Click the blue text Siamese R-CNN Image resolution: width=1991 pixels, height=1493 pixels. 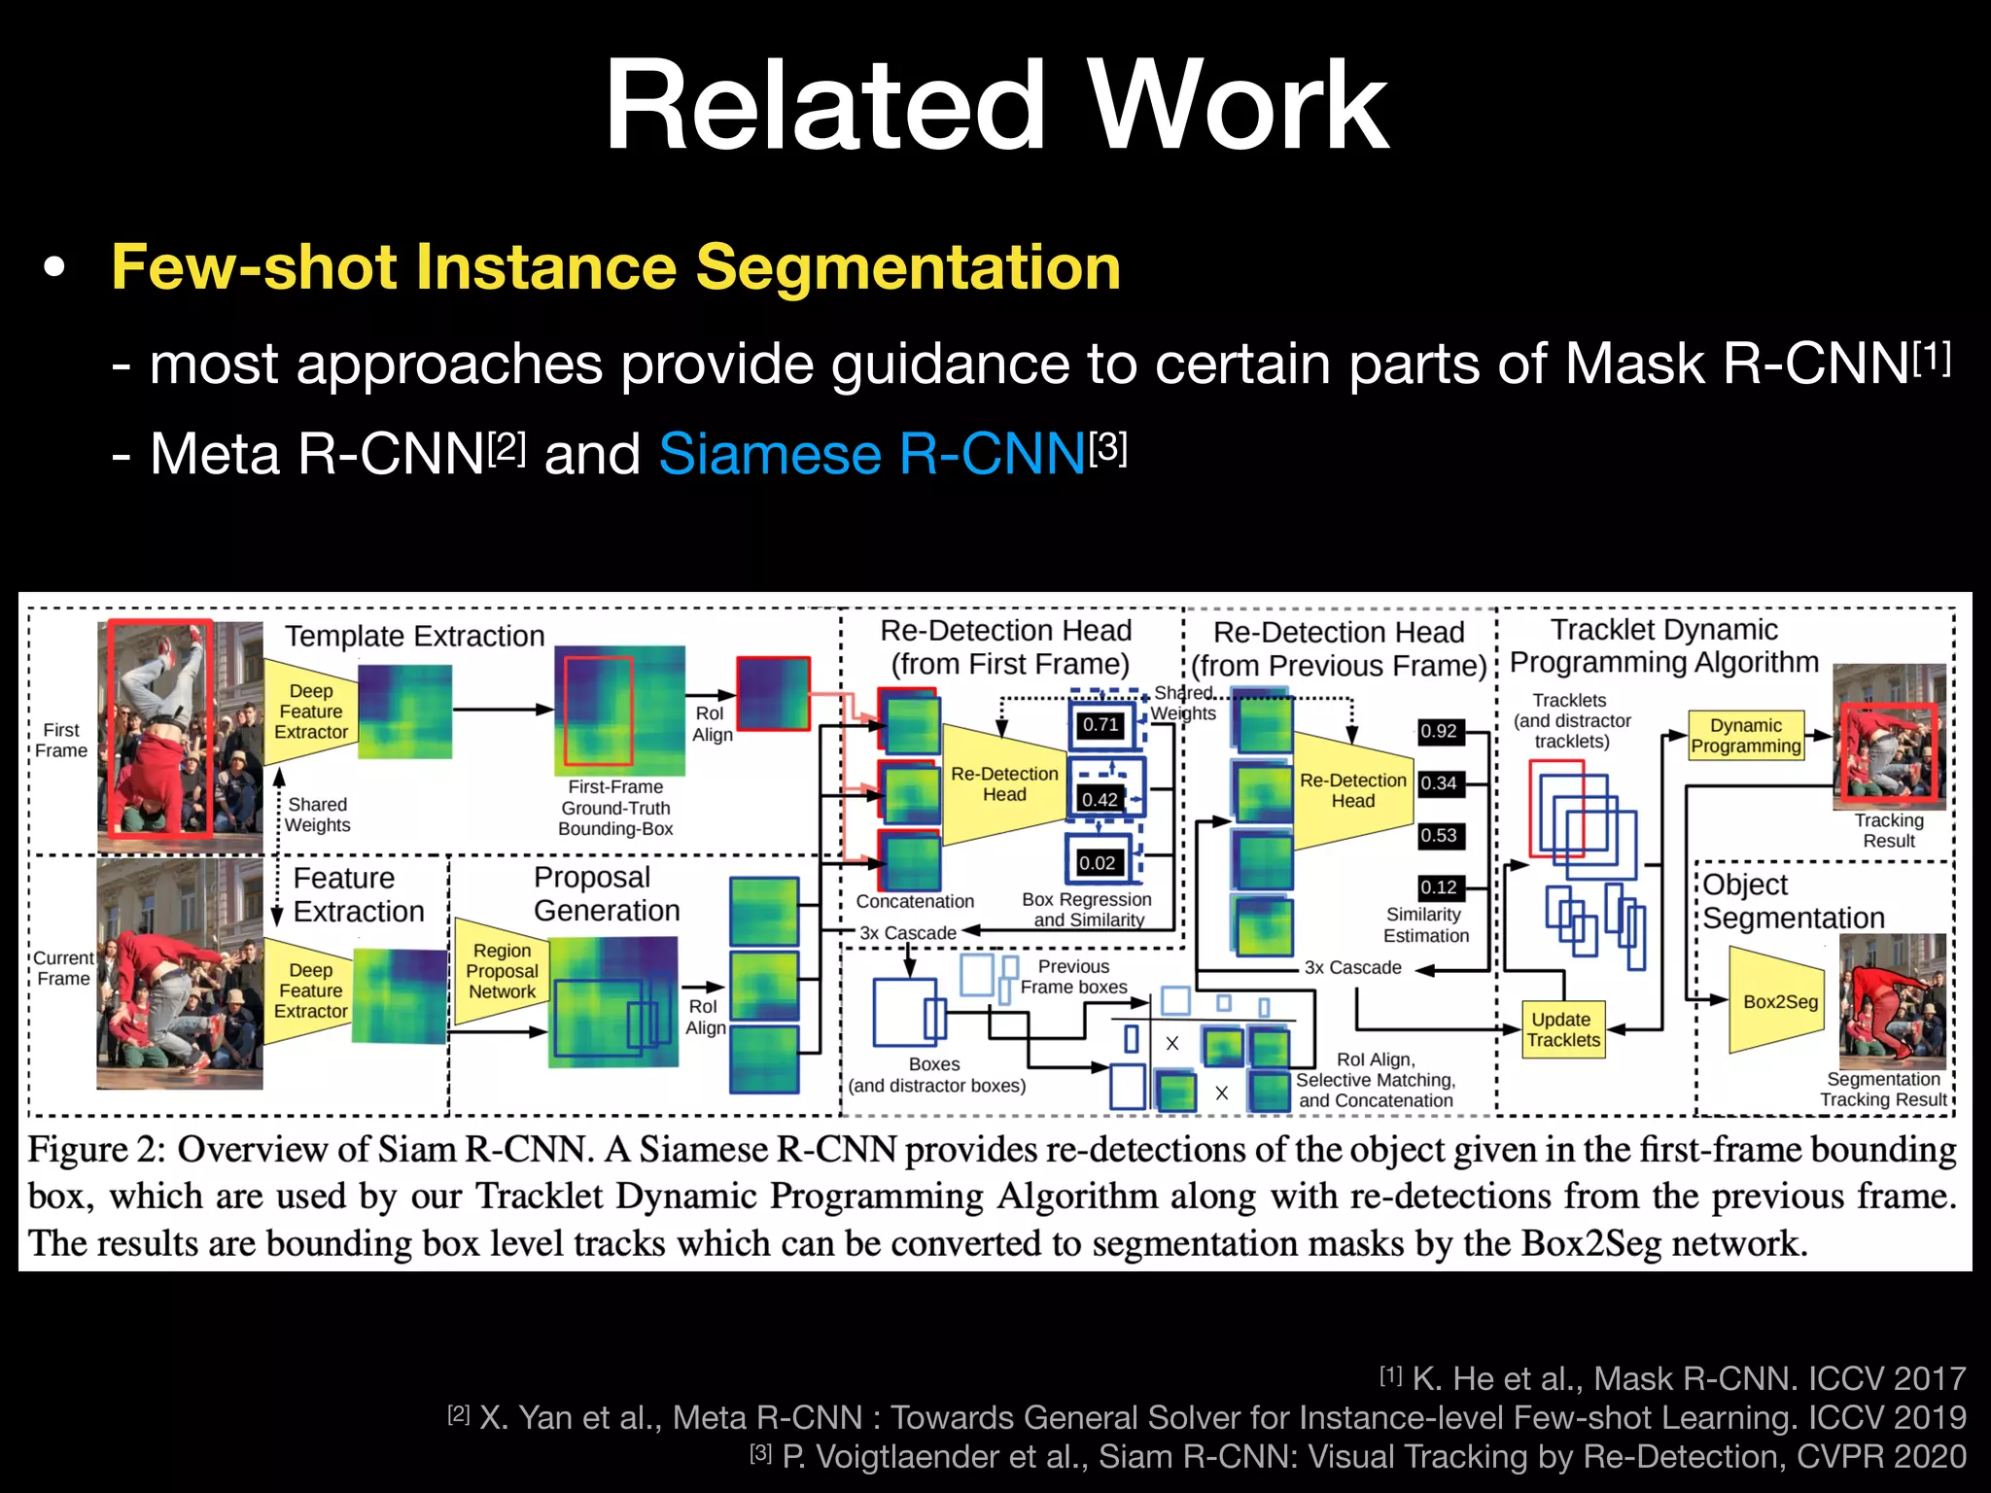tap(872, 454)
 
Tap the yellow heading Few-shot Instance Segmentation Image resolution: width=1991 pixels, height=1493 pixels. tap(615, 266)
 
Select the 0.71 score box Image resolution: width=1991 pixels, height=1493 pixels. tap(1100, 724)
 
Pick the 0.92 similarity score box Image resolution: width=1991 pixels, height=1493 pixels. tap(1438, 731)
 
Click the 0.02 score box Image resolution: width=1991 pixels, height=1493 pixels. tap(1098, 862)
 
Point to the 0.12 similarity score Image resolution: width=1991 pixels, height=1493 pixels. tap(1438, 886)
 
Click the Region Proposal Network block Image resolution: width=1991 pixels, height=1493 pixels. tap(502, 971)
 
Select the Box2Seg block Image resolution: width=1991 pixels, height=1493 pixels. tap(1779, 1001)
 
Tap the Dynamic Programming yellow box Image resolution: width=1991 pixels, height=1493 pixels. tap(1746, 736)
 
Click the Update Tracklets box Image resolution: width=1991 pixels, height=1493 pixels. tap(1561, 1029)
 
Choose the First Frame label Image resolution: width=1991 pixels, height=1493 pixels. tap(61, 740)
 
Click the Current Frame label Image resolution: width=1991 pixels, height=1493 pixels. tap(63, 968)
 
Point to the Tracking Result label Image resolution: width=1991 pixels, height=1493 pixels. tap(1888, 830)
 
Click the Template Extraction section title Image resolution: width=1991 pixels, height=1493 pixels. tap(414, 636)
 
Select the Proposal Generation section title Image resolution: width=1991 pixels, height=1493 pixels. tap(607, 893)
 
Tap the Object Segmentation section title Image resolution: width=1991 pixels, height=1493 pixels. tap(1793, 901)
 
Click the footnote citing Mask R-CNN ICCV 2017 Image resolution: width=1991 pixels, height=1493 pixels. tap(1672, 1378)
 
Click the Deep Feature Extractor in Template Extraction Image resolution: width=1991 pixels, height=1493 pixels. tap(311, 712)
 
